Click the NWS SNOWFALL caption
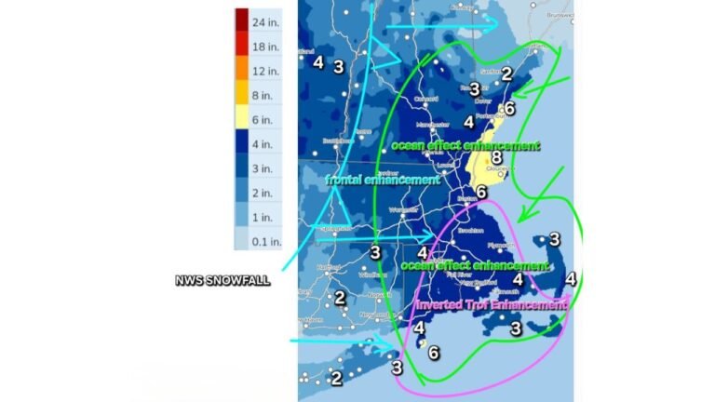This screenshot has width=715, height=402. pyautogui.click(x=223, y=281)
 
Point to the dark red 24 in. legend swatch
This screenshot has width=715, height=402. pyautogui.click(x=241, y=20)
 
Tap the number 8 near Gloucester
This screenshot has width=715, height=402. pyautogui.click(x=496, y=158)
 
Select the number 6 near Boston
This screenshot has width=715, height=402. pyautogui.click(x=480, y=193)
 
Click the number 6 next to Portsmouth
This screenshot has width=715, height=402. pyautogui.click(x=507, y=108)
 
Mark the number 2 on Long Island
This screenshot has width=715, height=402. pyautogui.click(x=336, y=378)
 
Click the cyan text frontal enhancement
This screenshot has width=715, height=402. pyautogui.click(x=382, y=180)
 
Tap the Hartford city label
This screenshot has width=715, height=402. pyautogui.click(x=328, y=266)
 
